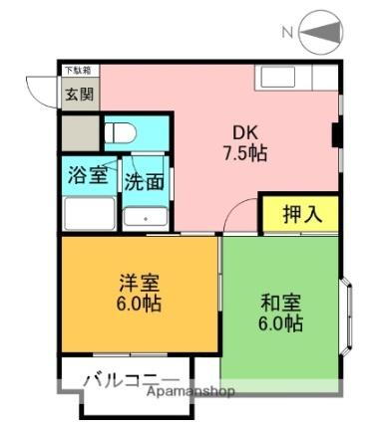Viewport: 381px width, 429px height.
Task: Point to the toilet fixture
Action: click(x=120, y=132)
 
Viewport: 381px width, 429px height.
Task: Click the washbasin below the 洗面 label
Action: click(x=146, y=216)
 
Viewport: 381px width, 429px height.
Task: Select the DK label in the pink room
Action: click(x=244, y=131)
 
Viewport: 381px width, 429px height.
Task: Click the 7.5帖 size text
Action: click(x=244, y=154)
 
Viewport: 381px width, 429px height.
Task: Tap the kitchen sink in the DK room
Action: click(x=290, y=77)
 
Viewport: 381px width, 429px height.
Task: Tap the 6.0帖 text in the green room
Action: click(x=278, y=324)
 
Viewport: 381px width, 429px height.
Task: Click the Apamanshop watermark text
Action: click(x=190, y=391)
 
